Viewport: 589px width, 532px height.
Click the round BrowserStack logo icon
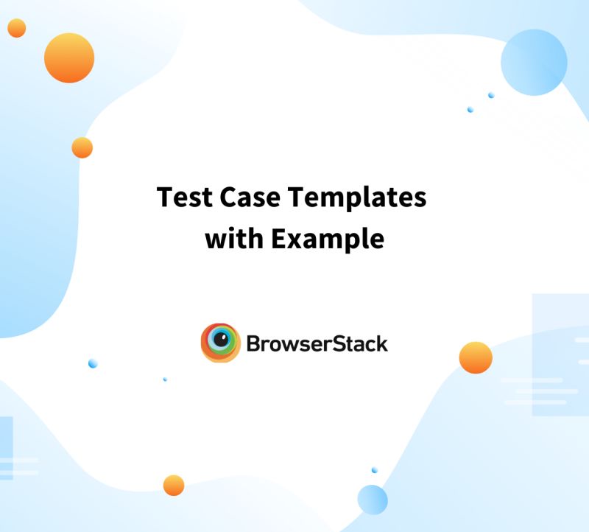coord(220,343)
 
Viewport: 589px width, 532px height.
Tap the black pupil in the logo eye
coord(219,340)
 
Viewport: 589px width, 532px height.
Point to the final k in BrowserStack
coord(381,343)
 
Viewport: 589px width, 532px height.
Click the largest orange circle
coord(69,57)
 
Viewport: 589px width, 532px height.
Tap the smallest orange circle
coord(16,28)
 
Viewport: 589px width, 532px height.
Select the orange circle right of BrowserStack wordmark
coord(476,358)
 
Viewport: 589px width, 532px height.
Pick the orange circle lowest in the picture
coord(174,485)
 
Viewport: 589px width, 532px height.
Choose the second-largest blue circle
coord(373,500)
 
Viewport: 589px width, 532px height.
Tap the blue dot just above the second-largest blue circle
coord(374,470)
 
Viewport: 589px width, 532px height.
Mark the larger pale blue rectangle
coord(560,354)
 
